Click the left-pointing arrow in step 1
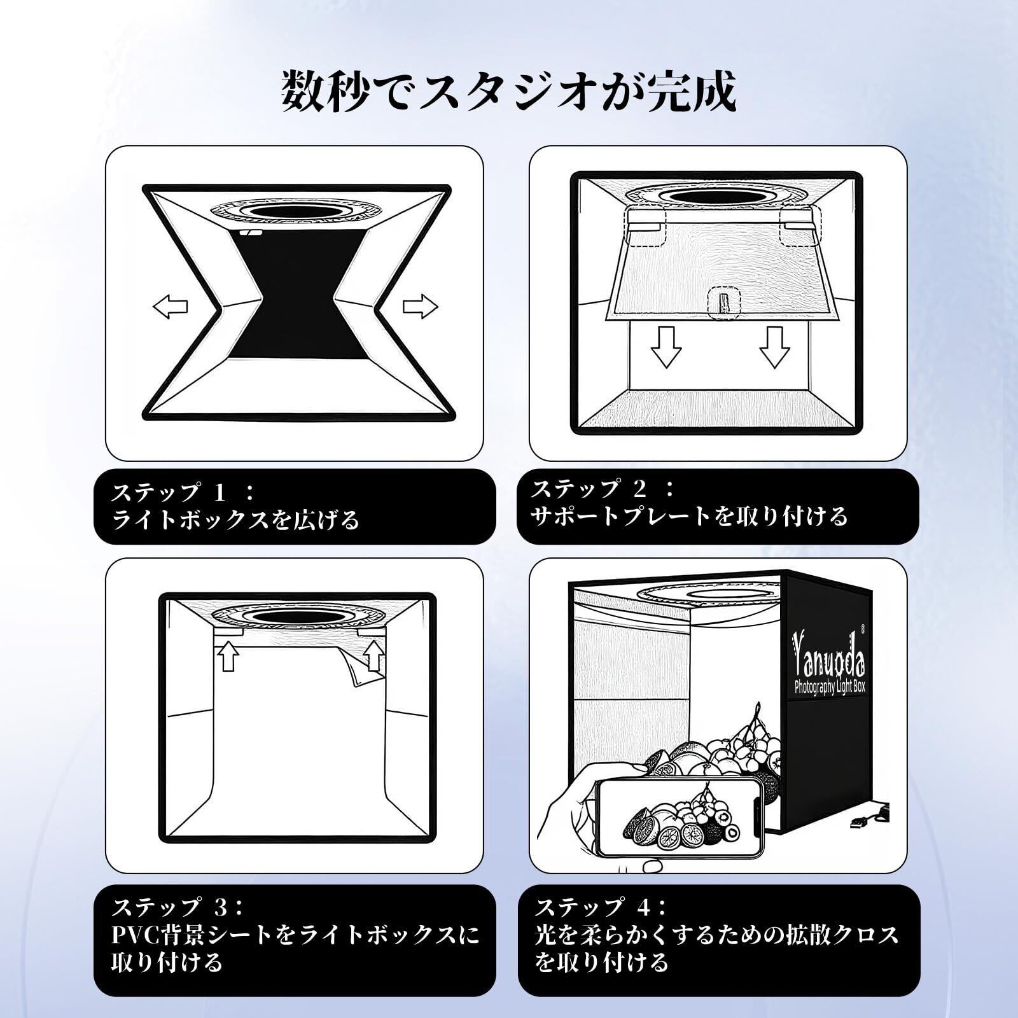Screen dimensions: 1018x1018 pyautogui.click(x=171, y=307)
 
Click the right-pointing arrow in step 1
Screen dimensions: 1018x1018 pyautogui.click(x=421, y=307)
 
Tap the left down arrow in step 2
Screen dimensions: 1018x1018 pyautogui.click(x=666, y=347)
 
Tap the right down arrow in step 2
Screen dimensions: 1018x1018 pyautogui.click(x=774, y=347)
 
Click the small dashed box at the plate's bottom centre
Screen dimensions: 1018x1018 pyautogui.click(x=723, y=302)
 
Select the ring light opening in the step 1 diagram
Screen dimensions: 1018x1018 pyautogui.click(x=289, y=211)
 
